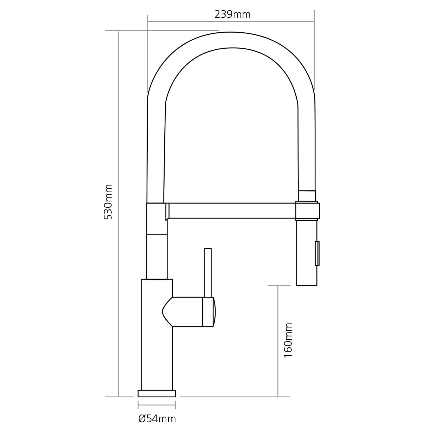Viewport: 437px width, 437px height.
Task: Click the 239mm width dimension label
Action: coord(232,14)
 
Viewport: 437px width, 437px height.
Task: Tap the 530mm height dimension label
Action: coord(108,202)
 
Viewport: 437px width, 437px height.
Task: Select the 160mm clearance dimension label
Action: coord(288,340)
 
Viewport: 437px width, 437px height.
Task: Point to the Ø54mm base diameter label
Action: coord(157,419)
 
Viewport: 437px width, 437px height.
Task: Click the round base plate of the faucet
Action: coord(157,394)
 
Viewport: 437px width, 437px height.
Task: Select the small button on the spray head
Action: coord(317,253)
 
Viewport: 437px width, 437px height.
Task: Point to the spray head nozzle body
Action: coord(306,252)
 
